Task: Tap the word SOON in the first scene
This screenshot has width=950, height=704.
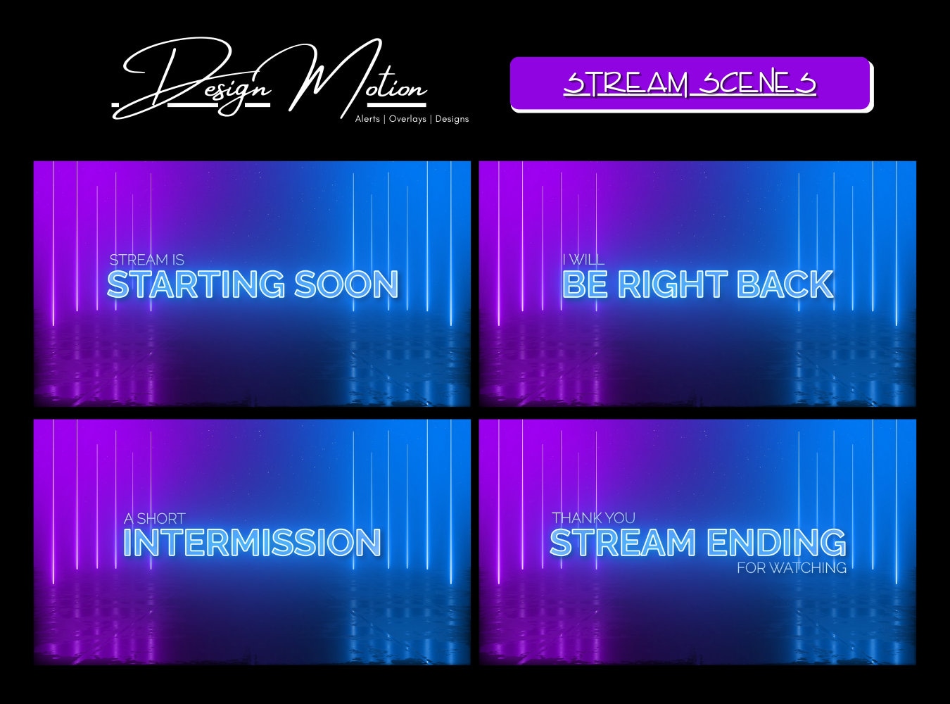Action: tap(346, 284)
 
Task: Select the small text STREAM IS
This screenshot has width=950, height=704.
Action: tap(146, 260)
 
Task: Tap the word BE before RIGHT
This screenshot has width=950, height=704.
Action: tap(585, 284)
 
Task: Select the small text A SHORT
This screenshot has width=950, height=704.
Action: tap(154, 519)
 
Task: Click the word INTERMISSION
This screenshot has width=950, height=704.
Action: tap(252, 543)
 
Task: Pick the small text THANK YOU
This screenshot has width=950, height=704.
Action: tap(593, 518)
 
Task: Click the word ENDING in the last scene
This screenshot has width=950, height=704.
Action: tap(776, 543)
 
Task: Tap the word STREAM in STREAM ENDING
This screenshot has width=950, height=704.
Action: tap(622, 543)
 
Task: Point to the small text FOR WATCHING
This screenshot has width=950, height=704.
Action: tap(792, 567)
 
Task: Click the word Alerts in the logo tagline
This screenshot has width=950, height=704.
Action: tap(367, 119)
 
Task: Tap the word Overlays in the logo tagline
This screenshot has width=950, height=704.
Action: tap(407, 119)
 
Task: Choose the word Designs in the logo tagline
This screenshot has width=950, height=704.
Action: tap(452, 119)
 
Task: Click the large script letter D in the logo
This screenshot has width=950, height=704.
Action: tap(176, 77)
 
